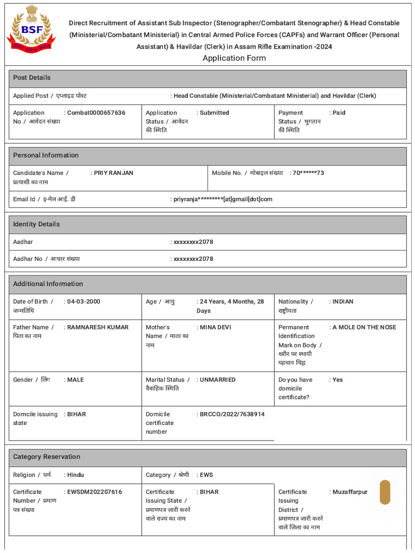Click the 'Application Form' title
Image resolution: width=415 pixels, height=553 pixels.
tap(234, 58)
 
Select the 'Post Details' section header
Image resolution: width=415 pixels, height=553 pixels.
tap(32, 78)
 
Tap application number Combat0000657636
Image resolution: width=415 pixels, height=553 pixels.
tap(96, 113)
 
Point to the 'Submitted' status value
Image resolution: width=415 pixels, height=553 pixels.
tap(215, 113)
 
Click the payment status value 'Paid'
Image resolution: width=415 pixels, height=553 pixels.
tap(339, 113)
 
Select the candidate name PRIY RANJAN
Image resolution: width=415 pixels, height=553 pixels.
tap(113, 173)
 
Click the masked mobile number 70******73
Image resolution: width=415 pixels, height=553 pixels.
tap(308, 173)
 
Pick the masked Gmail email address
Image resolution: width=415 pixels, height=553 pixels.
tap(223, 199)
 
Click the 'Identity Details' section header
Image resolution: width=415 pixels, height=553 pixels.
tap(36, 224)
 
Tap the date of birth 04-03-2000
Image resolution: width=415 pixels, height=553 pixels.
tap(84, 301)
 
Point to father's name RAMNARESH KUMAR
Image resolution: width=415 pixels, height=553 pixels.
tap(98, 327)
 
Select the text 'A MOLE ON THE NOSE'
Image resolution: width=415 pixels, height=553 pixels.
tap(364, 327)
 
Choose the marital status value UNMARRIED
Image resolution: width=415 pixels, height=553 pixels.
tap(218, 380)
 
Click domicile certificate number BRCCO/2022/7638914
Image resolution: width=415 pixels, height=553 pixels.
tap(232, 414)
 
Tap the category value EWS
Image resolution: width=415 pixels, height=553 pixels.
tap(206, 475)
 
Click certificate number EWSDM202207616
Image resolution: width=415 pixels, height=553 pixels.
tap(95, 492)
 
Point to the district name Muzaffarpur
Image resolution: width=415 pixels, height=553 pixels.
tap(350, 492)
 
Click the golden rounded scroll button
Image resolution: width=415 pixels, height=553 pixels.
tap(385, 492)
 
